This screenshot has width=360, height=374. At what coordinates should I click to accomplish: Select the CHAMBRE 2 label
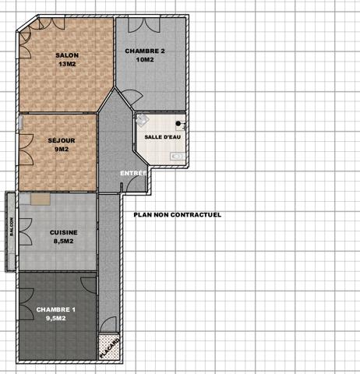[145, 51]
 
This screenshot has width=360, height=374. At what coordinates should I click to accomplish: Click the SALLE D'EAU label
[164, 137]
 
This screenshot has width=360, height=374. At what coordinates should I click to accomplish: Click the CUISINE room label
[62, 232]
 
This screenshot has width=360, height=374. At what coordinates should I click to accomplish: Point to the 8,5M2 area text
[62, 241]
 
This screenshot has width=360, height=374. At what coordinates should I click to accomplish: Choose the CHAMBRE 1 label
[56, 309]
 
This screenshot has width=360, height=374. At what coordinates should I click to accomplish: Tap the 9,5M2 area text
[56, 318]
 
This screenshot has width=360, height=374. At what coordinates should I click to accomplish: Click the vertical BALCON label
[12, 225]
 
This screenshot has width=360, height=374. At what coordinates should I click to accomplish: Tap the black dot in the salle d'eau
[178, 124]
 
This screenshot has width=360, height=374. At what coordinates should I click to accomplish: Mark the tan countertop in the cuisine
[37, 199]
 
